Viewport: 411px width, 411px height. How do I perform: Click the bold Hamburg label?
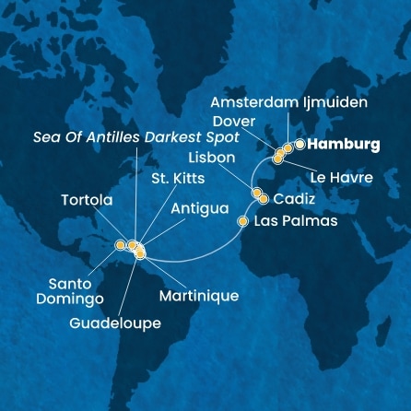tap(343, 145)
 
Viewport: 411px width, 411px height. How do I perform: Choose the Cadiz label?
tap(295, 198)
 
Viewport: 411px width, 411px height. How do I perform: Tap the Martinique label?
tap(198, 296)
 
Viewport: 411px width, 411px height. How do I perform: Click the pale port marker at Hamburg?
tap(299, 144)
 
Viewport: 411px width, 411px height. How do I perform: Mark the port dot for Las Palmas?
tap(243, 221)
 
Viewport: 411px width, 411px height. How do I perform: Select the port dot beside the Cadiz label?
tap(264, 198)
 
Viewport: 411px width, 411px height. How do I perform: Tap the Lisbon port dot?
tap(257, 193)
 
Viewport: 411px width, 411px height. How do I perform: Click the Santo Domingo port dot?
tap(121, 245)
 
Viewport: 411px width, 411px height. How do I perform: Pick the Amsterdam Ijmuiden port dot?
tap(288, 147)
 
